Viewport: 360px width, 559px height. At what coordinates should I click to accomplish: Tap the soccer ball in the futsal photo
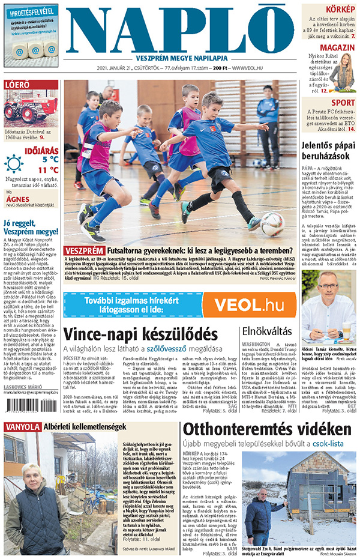click(x=272, y=223)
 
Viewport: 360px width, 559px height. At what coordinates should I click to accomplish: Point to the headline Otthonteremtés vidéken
click(x=266, y=447)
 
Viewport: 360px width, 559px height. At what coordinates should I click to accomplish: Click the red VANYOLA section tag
click(x=22, y=444)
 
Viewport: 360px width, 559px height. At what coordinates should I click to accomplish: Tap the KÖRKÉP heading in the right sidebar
click(x=340, y=9)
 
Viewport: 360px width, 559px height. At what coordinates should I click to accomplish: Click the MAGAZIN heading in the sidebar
click(x=337, y=47)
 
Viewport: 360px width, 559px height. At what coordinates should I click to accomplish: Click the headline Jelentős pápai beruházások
click(x=329, y=150)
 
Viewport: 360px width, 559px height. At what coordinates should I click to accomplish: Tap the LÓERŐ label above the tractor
click(x=17, y=85)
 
